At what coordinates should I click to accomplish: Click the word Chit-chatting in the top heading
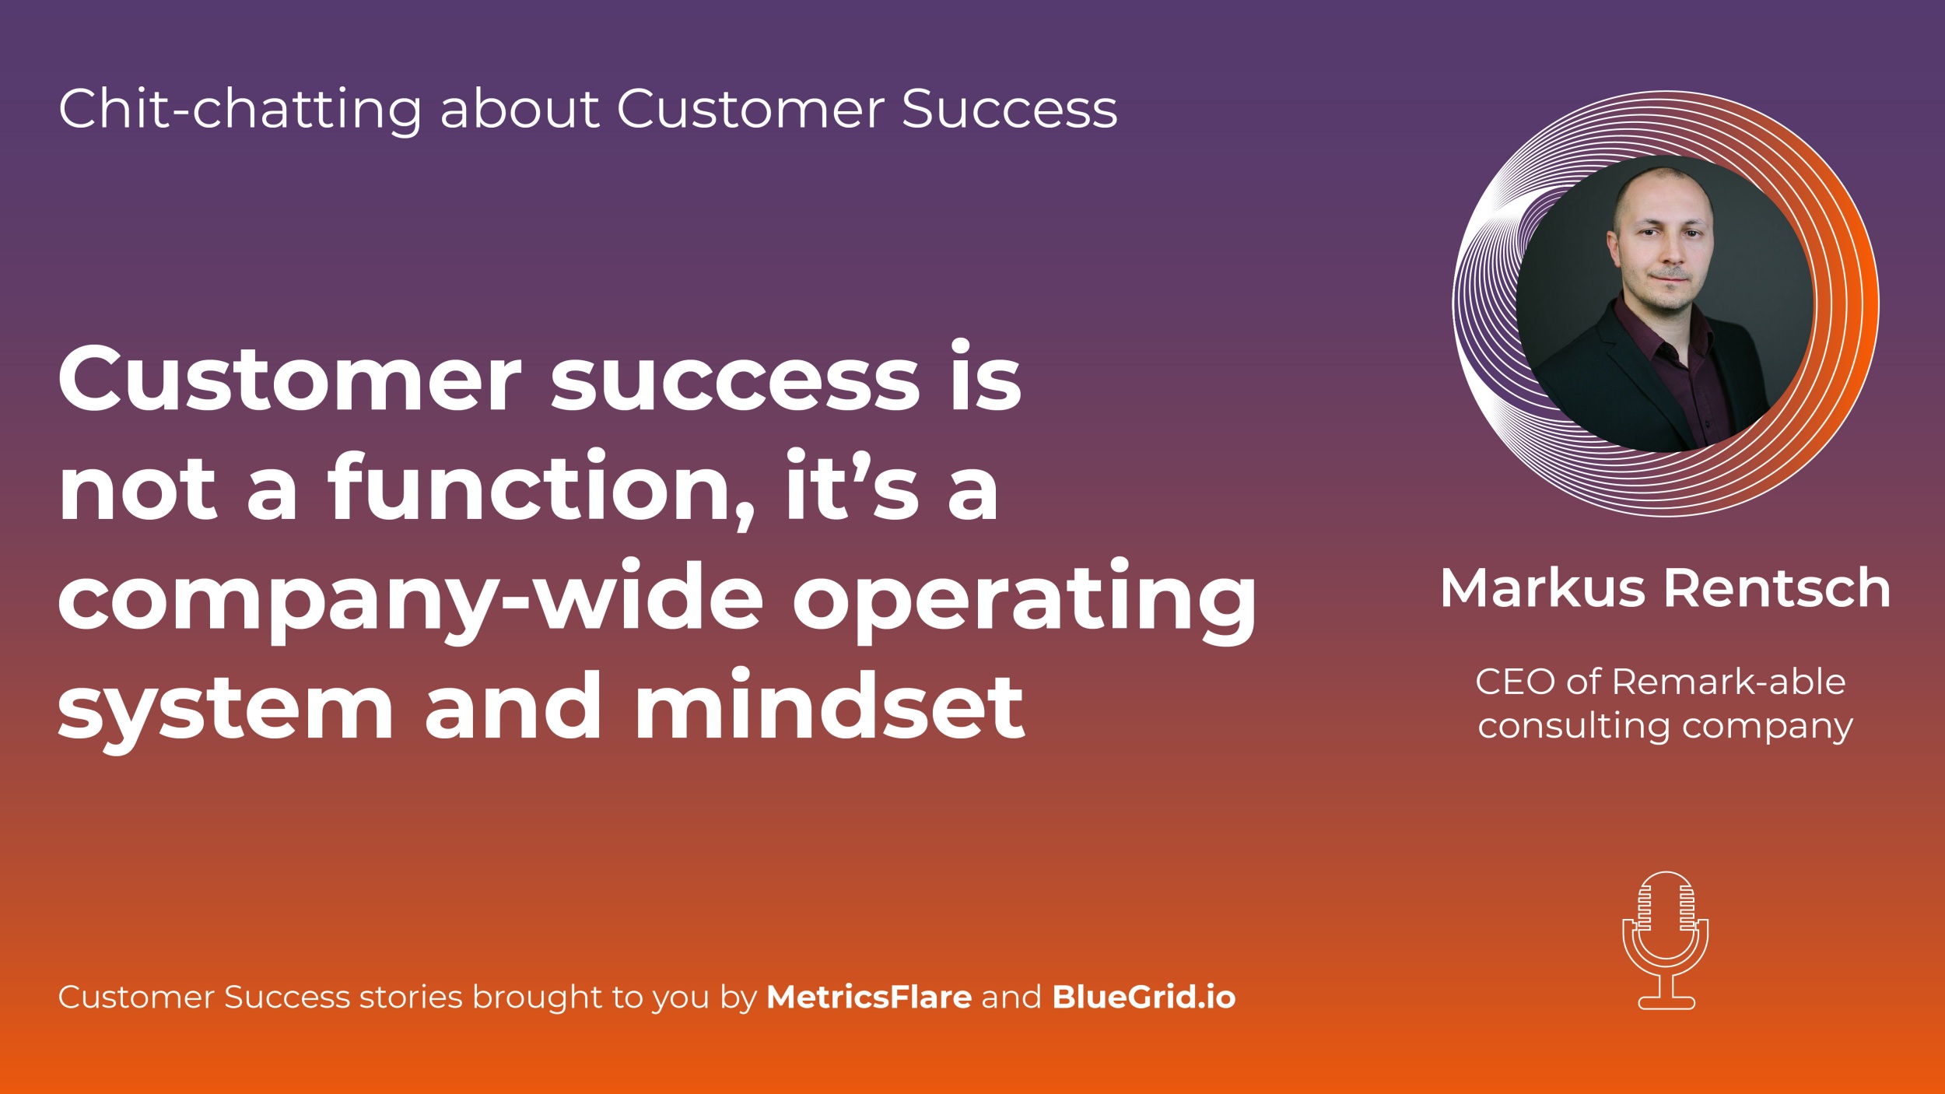click(240, 110)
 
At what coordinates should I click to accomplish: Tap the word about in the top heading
click(520, 108)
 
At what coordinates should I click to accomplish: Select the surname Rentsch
click(1777, 588)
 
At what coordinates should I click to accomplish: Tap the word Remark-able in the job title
click(1729, 682)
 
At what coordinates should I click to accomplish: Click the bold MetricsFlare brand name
click(869, 998)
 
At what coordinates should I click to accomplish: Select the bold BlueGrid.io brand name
click(1144, 998)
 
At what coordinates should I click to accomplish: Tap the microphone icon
click(1666, 941)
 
